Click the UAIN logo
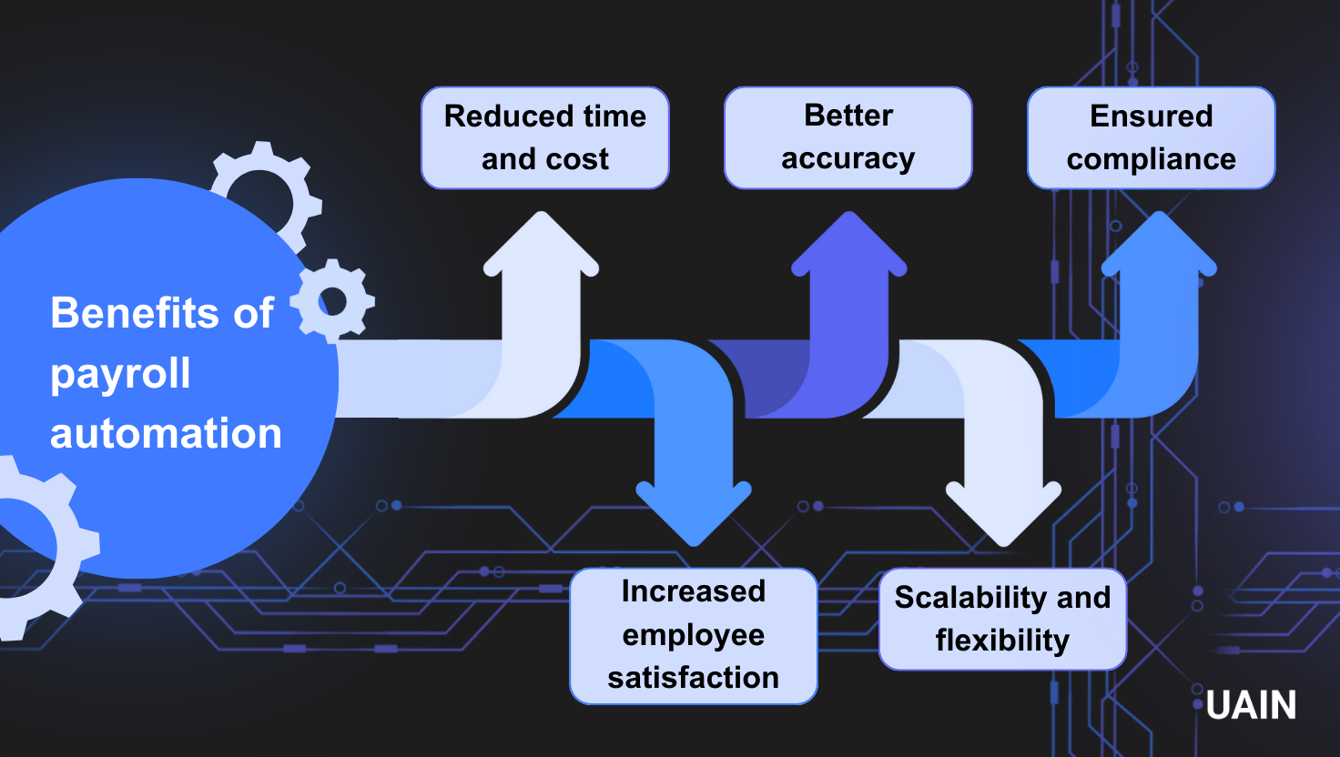(x=1250, y=705)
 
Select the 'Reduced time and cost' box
(x=544, y=137)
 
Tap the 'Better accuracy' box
(x=848, y=137)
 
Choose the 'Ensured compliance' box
(x=1151, y=137)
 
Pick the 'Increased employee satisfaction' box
(x=693, y=635)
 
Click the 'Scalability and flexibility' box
(x=1002, y=619)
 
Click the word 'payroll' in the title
(x=120, y=374)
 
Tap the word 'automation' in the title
(x=166, y=433)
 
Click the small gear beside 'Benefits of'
(x=332, y=300)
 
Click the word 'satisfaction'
(x=693, y=678)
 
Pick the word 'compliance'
(x=1151, y=159)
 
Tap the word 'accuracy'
(x=848, y=159)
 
